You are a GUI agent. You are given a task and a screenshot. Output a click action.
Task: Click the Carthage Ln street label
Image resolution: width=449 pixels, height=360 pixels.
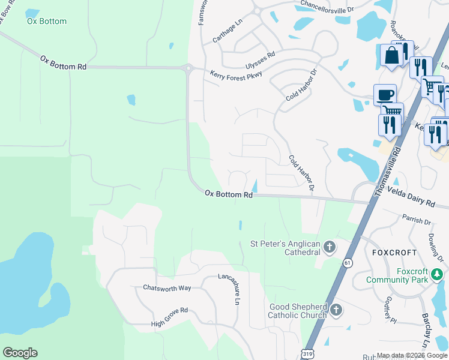pyautogui.click(x=227, y=31)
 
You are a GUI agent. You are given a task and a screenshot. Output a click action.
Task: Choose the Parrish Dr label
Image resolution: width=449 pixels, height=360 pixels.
pyautogui.click(x=417, y=221)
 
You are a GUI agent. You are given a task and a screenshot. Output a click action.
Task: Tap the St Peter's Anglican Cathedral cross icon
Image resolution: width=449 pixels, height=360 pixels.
pyautogui.click(x=329, y=247)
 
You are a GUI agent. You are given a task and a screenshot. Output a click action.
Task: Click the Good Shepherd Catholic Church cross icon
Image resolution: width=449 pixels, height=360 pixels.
pyautogui.click(x=336, y=310)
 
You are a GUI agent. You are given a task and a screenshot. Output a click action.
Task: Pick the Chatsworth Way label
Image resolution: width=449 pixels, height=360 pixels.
pyautogui.click(x=167, y=288)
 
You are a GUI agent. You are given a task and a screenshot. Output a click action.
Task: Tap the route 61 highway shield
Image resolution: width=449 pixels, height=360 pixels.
pyautogui.click(x=348, y=263)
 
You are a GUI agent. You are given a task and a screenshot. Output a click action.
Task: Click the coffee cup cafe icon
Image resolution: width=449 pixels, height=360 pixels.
pyautogui.click(x=385, y=95)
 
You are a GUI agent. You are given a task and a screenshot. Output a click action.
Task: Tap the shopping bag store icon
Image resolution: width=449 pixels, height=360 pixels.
pyautogui.click(x=391, y=55)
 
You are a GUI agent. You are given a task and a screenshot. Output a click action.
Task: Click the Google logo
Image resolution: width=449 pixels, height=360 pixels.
pyautogui.click(x=20, y=353)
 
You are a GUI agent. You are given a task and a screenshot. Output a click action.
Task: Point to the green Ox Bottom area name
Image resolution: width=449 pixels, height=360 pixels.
pyautogui.click(x=47, y=21)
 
